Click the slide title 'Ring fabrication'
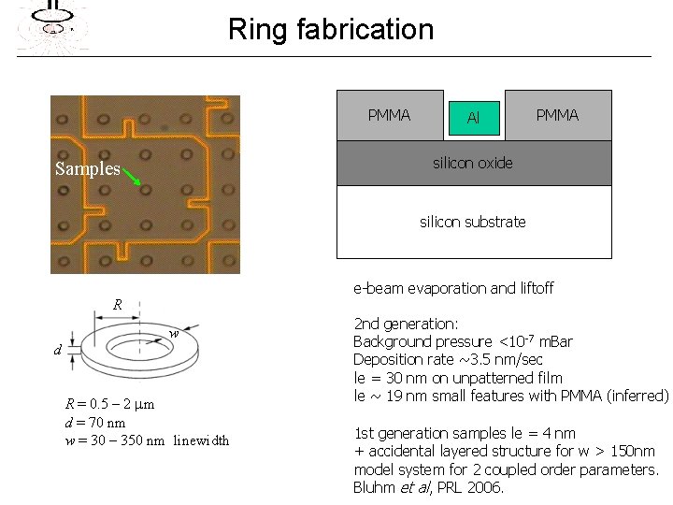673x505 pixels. coord(331,29)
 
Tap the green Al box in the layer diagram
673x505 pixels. coord(474,118)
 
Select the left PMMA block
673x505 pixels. coord(390,115)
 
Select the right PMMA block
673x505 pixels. coord(558,115)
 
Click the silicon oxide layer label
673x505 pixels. coord(473,163)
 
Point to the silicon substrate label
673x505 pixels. coord(473,222)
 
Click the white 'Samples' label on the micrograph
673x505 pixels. coord(88,169)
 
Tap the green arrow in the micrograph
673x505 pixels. coord(132,177)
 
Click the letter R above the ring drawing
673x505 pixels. coord(118,305)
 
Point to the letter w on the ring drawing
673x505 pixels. coord(174,334)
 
